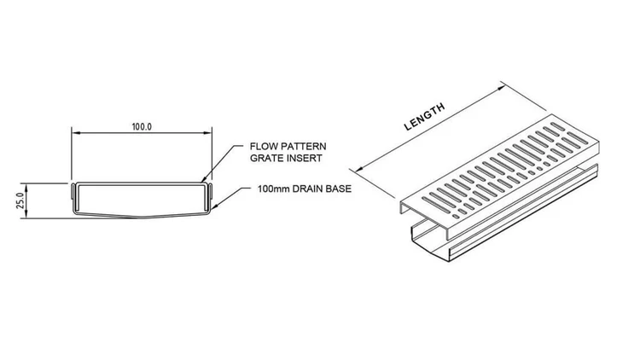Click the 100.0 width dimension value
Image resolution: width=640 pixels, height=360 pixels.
142,126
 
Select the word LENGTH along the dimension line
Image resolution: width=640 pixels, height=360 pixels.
424,117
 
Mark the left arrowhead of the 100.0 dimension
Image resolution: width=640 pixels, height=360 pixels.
73,133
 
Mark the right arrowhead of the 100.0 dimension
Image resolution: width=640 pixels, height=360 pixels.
209,133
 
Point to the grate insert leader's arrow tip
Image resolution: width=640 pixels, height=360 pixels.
204,181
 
